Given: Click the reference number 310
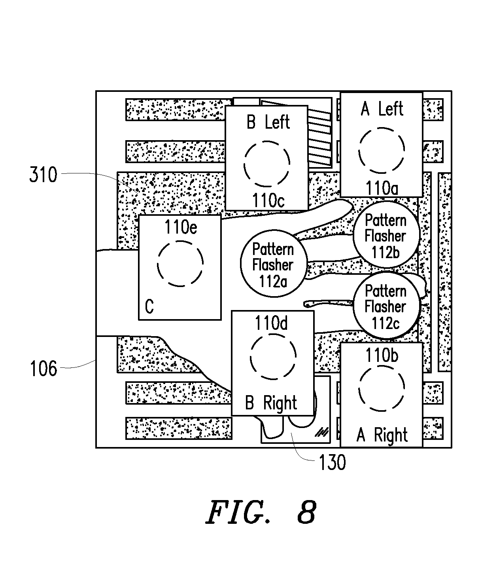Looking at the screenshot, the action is coord(43,174).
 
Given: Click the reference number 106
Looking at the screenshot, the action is coord(43,369).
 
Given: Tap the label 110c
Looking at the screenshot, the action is coord(268,201).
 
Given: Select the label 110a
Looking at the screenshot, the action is coord(382,188).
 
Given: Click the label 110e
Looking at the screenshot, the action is coord(181,227).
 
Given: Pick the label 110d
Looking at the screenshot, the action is coord(271,323).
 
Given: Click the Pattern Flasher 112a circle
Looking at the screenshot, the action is coord(274,263).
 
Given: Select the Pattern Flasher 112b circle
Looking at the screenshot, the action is coord(386,234).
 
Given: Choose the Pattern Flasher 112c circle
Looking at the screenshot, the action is coord(386,305).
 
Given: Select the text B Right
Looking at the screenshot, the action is coord(271,403).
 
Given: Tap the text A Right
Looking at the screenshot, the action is coord(382,435).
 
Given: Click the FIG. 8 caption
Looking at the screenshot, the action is coord(261,512).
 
